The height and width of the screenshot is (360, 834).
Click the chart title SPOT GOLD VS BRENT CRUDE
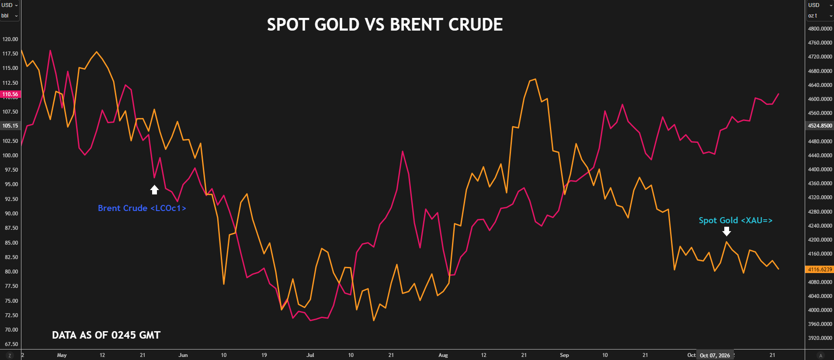385,24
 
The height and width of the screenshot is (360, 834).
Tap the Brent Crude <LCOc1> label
142,208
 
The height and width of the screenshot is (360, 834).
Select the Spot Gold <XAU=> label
736,221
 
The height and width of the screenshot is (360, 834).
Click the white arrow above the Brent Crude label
154,190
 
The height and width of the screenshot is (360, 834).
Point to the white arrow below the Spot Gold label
726,231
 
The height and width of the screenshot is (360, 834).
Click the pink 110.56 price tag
10,94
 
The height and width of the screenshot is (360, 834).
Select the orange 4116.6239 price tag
820,270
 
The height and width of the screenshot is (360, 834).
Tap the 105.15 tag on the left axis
10,126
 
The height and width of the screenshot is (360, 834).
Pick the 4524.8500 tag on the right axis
820,126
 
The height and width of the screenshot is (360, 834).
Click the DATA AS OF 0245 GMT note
106,335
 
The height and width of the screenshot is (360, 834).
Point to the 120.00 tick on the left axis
10,39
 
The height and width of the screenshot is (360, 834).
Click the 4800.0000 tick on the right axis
820,29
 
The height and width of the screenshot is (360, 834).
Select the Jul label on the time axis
310,355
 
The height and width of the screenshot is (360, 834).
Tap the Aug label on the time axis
443,355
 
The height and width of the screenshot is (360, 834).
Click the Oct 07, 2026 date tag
715,355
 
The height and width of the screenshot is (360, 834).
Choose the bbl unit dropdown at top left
10,16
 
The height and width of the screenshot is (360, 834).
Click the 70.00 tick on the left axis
11,330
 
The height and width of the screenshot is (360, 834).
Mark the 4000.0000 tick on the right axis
820,310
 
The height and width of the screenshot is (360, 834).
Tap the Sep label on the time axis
564,355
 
